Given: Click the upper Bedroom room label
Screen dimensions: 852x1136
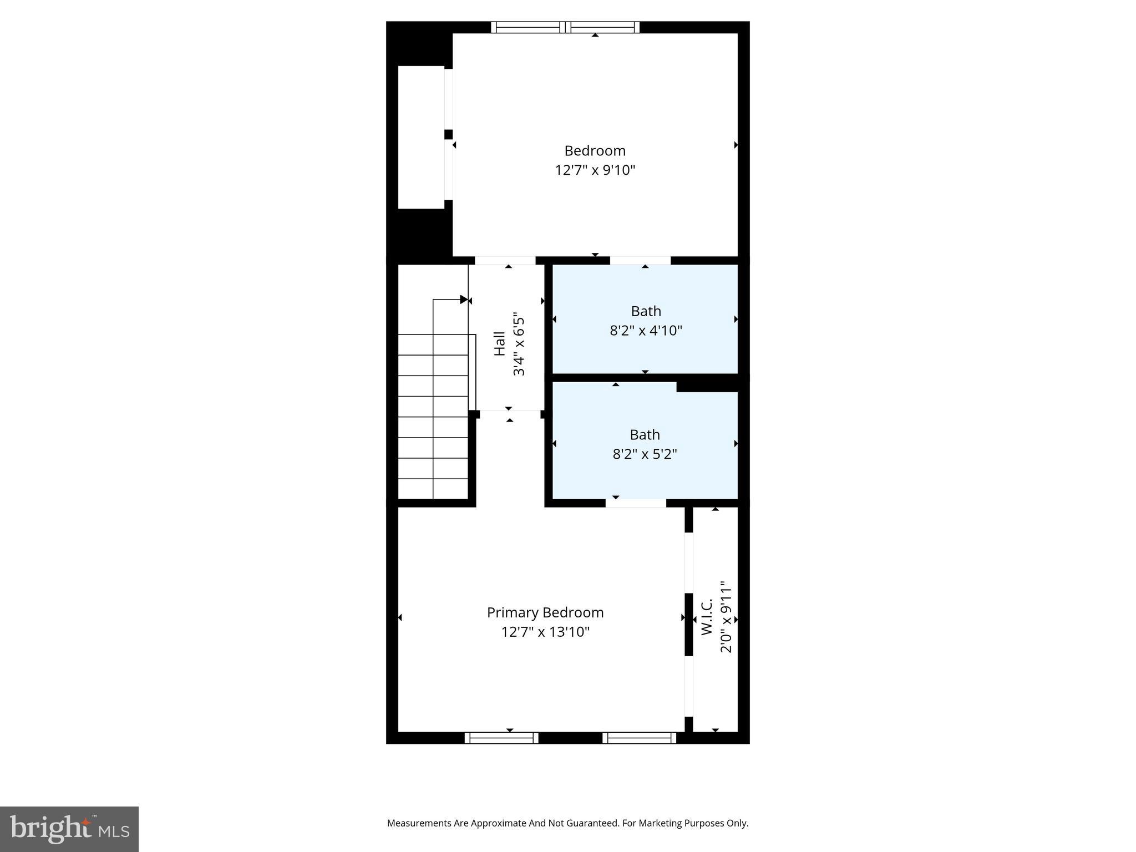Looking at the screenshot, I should click(595, 151).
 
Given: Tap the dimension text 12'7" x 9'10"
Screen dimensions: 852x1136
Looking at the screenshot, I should click(595, 170).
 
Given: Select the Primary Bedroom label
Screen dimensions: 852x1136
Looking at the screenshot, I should click(545, 612).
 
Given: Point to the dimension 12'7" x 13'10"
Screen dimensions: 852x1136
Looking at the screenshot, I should click(545, 632).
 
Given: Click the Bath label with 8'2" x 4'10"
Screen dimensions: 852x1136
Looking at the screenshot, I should click(646, 311).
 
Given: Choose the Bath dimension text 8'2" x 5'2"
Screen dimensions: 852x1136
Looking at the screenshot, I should click(645, 454).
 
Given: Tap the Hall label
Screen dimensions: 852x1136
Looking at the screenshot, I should click(500, 344).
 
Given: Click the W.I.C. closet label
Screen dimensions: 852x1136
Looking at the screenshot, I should click(706, 617).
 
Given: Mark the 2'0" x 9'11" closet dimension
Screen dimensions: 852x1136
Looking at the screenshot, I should click(726, 617).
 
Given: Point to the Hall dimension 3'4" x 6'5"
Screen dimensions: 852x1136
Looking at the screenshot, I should click(519, 344).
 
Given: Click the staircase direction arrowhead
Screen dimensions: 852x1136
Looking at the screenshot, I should click(464, 300).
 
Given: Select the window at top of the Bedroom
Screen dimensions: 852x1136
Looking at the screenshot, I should click(565, 27).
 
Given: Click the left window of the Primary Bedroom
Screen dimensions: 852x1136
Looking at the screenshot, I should click(501, 738).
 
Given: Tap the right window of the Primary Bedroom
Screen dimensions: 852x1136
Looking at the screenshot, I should click(639, 738).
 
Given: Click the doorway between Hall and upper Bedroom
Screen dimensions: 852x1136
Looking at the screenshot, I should click(505, 261).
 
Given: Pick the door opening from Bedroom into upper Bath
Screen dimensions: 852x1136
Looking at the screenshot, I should click(640, 261).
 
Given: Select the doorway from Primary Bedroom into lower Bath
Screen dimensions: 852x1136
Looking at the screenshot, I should click(636, 503).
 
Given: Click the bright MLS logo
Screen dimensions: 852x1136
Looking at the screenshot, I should click(69, 829).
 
